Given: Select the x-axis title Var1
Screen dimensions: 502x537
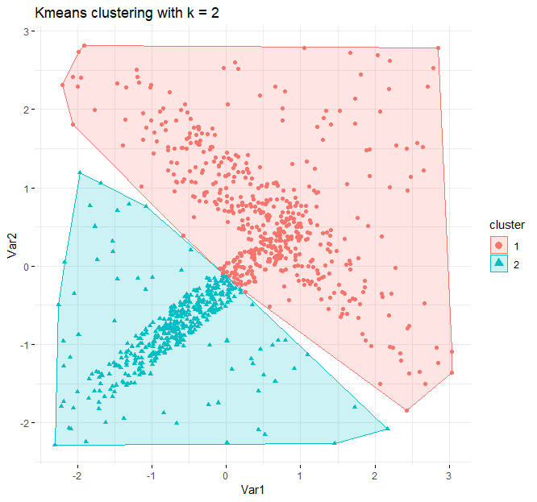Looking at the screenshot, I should click(246, 489).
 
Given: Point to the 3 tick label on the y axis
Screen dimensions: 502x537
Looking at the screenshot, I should click(25, 31).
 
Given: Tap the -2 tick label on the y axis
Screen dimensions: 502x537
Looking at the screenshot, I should click(23, 423).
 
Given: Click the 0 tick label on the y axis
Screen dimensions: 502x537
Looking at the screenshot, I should click(25, 267).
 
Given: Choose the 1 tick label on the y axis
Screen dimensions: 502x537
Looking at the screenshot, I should click(25, 189).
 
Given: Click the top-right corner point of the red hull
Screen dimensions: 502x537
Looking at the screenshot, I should click(438, 48).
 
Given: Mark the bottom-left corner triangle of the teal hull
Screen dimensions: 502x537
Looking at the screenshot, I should click(55, 444).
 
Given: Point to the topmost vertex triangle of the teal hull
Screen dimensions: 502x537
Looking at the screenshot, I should click(80, 172).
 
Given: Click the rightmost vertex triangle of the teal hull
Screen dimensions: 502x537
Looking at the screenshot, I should click(388, 428).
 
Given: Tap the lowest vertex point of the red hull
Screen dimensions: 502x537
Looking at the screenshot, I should click(406, 410).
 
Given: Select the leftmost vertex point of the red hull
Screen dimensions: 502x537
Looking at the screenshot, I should click(62, 85).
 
